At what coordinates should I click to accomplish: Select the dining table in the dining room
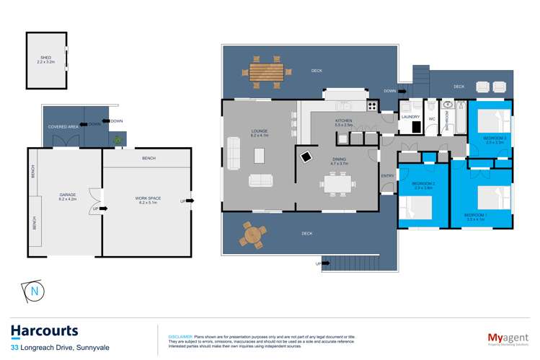(339, 185)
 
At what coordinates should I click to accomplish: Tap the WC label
(431, 118)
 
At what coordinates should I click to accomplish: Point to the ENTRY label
(387, 176)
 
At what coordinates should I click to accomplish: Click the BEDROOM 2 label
(422, 185)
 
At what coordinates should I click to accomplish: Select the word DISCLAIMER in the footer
(180, 337)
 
